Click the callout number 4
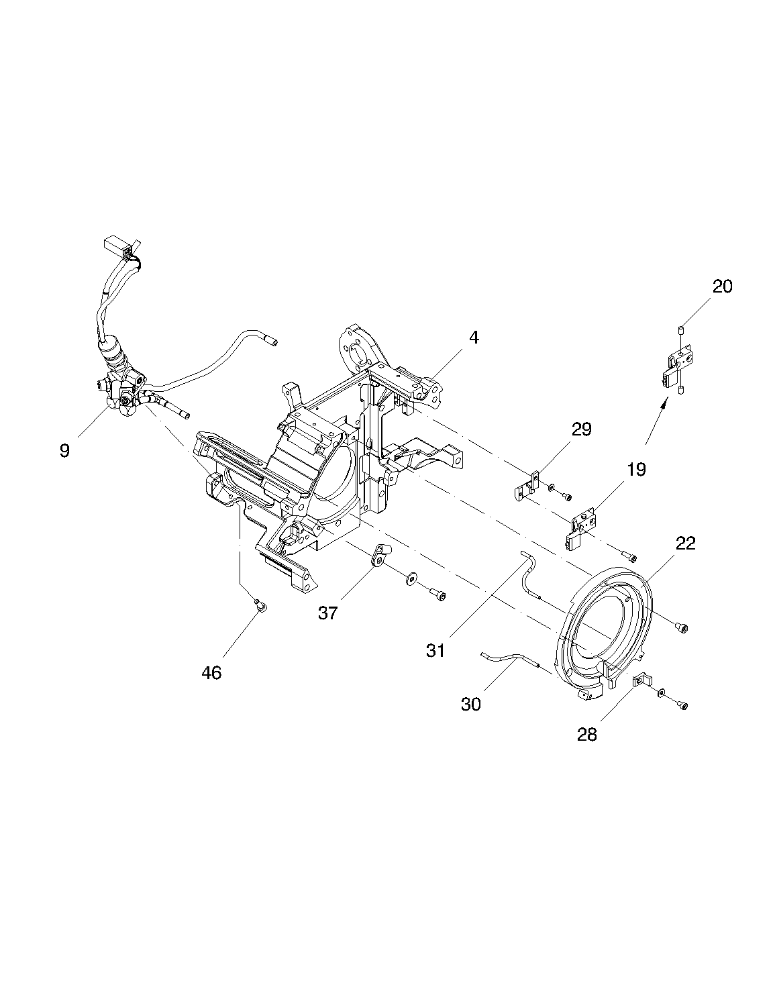[x=474, y=338]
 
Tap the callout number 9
[x=65, y=451]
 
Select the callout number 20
[x=722, y=287]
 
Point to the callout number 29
[x=582, y=429]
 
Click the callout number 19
[x=637, y=470]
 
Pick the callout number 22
[x=686, y=543]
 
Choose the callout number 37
[x=328, y=613]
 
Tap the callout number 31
[x=436, y=651]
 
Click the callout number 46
[x=211, y=673]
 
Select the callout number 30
[x=471, y=705]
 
